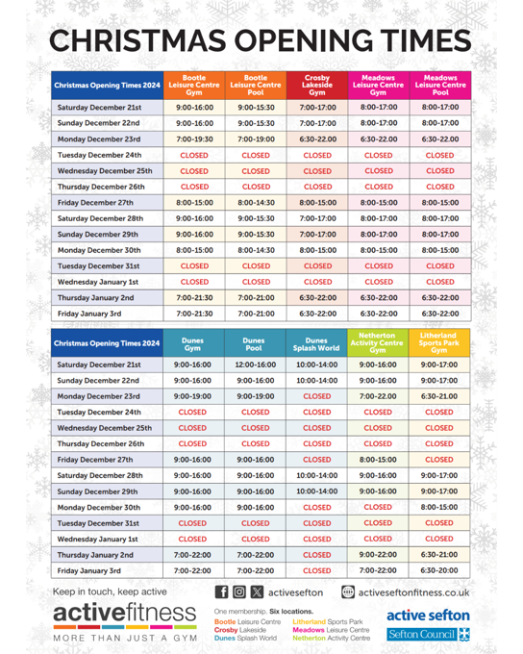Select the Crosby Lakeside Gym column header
317,86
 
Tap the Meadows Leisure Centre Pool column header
439,86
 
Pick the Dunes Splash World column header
317,342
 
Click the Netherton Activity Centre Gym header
378,342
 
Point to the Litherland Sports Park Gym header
439,342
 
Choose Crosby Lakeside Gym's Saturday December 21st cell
317,108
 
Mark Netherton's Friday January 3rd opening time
378,570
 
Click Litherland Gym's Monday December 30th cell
439,507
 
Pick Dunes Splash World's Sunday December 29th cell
317,491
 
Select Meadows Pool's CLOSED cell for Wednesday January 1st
439,282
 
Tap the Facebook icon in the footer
222,594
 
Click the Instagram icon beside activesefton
239,594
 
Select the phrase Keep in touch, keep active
110,591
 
